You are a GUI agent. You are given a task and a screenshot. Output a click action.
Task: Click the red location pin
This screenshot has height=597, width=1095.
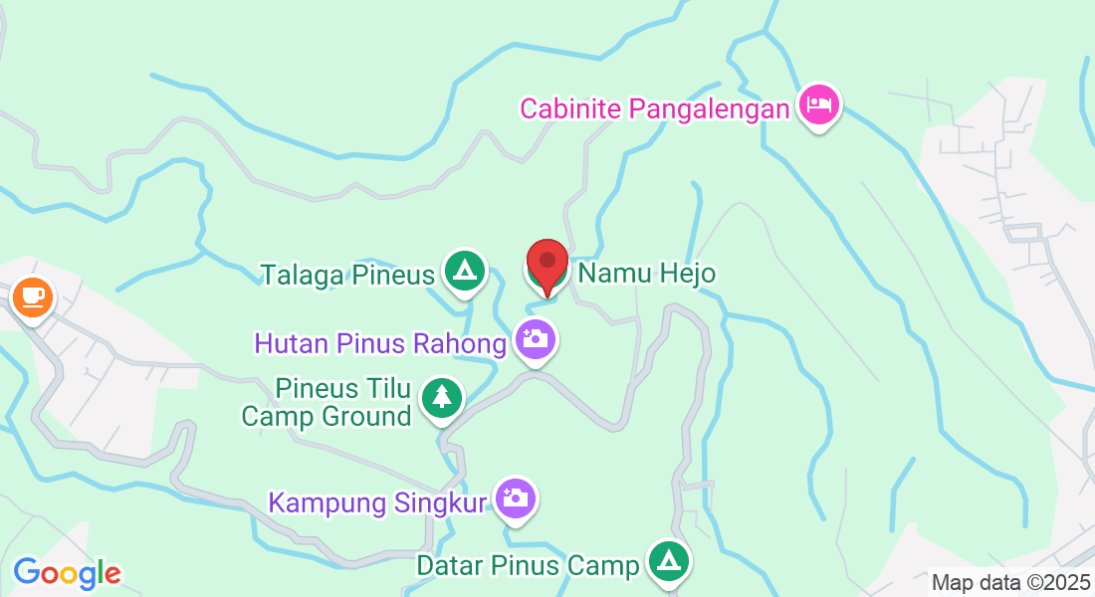[547, 265]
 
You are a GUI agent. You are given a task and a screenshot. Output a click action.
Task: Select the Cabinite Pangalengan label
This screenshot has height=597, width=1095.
[654, 107]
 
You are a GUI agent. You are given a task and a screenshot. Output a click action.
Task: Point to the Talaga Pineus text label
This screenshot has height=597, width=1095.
[347, 275]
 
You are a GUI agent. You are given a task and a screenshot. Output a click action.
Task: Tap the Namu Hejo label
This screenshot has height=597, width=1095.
[647, 273]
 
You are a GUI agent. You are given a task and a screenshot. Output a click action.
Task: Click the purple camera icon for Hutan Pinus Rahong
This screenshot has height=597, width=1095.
[536, 339]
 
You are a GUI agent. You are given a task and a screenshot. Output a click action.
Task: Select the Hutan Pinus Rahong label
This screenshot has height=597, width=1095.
[380, 344]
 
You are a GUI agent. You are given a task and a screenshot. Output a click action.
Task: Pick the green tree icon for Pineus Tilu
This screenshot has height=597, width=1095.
[440, 397]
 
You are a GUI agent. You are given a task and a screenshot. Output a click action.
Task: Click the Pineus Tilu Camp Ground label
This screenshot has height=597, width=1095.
[327, 401]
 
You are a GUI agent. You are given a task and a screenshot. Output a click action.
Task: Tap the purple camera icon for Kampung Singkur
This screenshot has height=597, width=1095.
[516, 497]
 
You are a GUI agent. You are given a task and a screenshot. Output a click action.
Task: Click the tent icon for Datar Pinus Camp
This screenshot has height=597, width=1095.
[668, 561]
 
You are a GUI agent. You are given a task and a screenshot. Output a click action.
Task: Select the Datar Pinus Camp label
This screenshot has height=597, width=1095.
[528, 566]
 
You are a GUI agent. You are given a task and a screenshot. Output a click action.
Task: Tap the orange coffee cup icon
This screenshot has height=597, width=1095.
[32, 297]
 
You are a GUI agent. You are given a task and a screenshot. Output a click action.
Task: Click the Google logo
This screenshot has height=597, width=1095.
[67, 573]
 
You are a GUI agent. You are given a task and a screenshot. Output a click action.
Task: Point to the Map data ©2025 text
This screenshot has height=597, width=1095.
[1009, 583]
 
